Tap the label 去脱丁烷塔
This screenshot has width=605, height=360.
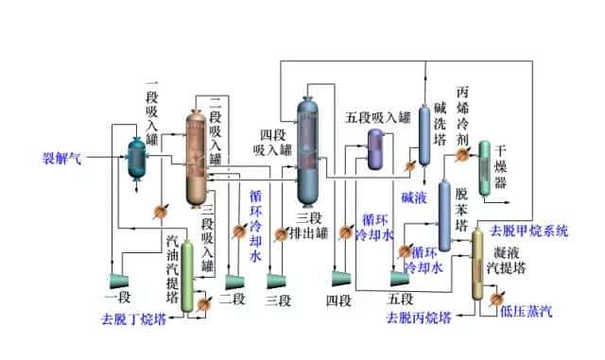140,318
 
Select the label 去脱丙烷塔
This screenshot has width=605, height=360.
418,317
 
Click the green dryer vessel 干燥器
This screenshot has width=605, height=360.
484,169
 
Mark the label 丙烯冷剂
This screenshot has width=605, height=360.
462,113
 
